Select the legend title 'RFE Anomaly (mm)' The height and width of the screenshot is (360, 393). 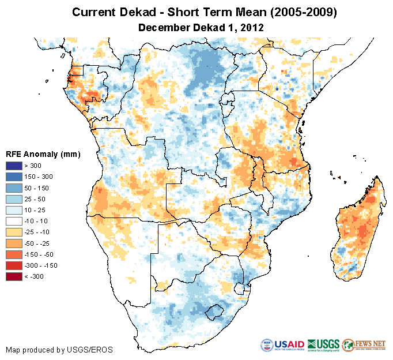[x=43, y=155]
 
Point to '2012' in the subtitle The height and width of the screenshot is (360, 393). [x=252, y=27]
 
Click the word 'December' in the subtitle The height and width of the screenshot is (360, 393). [x=163, y=27]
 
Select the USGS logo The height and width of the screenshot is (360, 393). [x=323, y=345]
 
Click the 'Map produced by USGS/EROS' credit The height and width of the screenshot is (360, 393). [x=59, y=350]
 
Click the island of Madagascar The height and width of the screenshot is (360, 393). [x=358, y=231]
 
